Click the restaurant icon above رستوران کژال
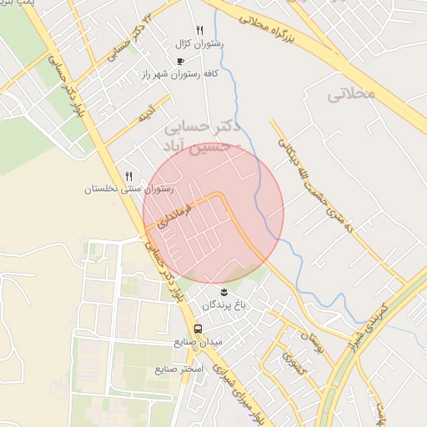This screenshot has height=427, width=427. pyautogui.click(x=199, y=31)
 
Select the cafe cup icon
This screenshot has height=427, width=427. pyautogui.click(x=180, y=61)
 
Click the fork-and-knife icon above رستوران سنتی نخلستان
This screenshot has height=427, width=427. pyautogui.click(x=128, y=176)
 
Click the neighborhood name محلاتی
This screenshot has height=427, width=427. pyautogui.click(x=353, y=93)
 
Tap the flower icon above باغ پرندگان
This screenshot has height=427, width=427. pyautogui.click(x=224, y=291)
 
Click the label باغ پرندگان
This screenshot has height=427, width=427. pyautogui.click(x=224, y=305)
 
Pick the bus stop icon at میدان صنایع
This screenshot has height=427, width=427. pyautogui.click(x=198, y=329)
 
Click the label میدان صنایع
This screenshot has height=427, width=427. pyautogui.click(x=198, y=342)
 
